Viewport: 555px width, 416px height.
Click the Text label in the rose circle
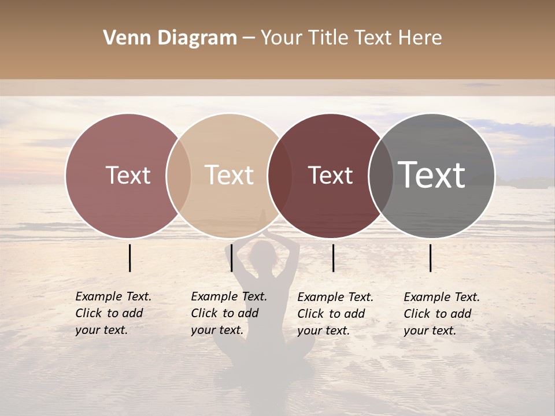128,175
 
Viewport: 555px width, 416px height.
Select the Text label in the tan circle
230,175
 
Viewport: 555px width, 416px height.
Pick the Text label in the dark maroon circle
330,175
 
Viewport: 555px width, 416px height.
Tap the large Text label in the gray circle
432,175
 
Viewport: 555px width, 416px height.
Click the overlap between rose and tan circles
179,176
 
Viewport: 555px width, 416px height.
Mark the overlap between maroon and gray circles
380,176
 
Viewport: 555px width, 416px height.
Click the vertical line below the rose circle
130,258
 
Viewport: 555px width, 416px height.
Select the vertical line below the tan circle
231,258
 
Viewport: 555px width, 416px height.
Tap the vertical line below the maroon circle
333,258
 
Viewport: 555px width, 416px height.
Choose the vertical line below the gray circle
431,258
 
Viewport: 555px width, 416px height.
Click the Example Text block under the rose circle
113,313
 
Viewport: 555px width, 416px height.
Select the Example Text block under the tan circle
228,313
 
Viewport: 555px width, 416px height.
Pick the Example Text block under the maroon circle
335,314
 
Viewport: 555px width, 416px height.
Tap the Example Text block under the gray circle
441,314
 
